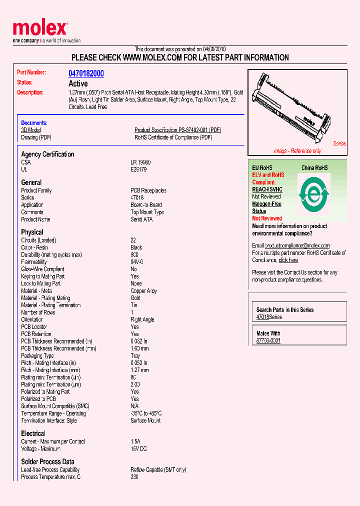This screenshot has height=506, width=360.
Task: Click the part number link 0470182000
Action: coord(86,73)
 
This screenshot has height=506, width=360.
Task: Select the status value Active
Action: coord(77,83)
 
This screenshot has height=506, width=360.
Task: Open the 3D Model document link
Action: coord(30,130)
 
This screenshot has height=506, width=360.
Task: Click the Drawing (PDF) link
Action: coord(36,137)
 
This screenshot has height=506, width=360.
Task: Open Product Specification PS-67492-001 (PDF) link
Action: coord(177,130)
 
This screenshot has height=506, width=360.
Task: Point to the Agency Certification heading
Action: coord(47,154)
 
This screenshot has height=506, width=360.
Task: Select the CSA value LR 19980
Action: coord(140,162)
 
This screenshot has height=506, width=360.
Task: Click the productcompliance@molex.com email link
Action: coord(297,245)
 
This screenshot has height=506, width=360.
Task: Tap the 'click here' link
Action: coord(288,260)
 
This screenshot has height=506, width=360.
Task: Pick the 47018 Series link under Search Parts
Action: coord(269,317)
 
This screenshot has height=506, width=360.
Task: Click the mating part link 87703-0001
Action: coord(268,340)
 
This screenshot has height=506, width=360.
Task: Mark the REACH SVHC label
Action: coord(267,189)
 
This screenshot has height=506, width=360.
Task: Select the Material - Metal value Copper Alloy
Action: coord(143,290)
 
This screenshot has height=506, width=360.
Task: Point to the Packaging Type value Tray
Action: coord(135,356)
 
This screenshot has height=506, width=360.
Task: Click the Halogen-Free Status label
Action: coord(266,207)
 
